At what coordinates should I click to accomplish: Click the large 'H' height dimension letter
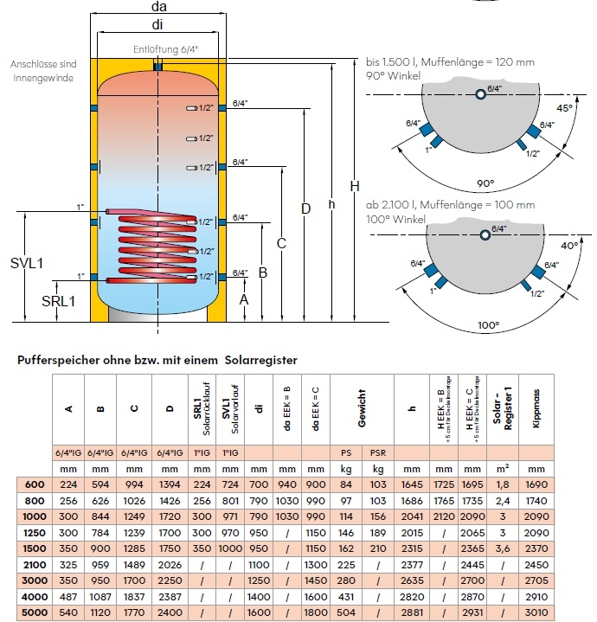(354, 186)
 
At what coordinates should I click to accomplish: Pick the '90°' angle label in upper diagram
(485, 183)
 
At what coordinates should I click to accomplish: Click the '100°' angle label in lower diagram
(488, 325)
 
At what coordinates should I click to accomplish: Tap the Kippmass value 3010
(536, 613)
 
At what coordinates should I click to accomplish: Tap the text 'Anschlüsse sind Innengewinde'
(42, 71)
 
